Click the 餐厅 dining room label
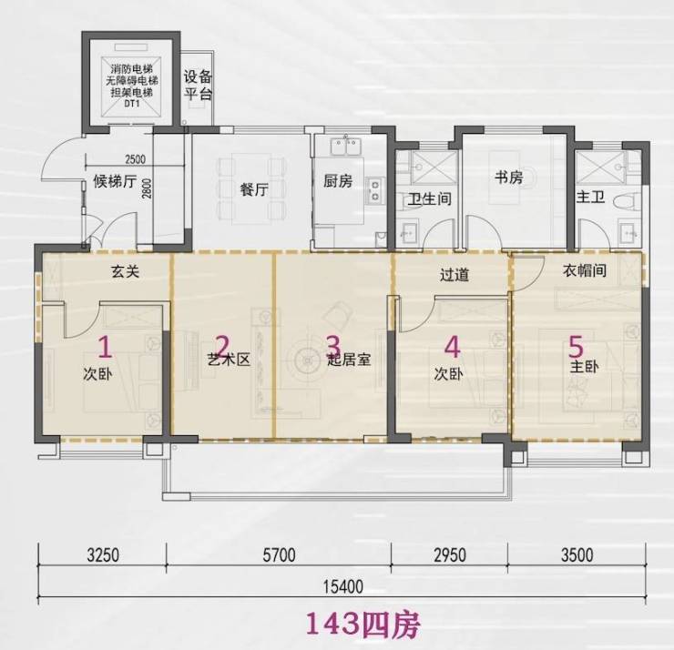254,189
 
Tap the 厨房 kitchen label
338,181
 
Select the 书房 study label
508,177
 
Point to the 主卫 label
590,198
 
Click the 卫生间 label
429,198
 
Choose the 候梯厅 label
115,181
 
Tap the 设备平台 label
199,86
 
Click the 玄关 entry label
125,272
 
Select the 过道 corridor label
454,275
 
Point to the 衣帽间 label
585,270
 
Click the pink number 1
106,347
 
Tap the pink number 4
452,346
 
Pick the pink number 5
576,346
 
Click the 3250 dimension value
103,555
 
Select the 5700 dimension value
279,555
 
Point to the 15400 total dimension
343,586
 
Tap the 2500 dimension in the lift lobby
135,159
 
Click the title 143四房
363,625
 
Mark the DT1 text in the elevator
132,104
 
